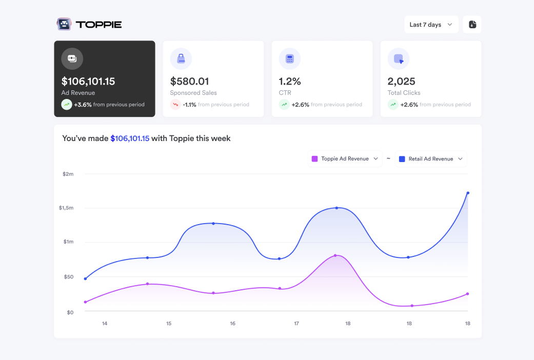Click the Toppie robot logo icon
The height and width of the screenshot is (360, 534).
(x=64, y=24)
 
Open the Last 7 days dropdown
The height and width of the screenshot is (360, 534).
(x=431, y=25)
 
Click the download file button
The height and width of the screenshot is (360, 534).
(x=472, y=25)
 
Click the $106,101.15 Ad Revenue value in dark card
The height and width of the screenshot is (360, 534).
(x=88, y=81)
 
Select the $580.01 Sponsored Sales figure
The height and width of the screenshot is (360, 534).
(x=189, y=81)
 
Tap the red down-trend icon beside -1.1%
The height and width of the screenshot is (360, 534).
(x=175, y=105)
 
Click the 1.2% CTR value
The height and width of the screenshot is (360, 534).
(x=290, y=81)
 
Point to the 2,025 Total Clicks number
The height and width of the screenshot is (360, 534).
(x=401, y=81)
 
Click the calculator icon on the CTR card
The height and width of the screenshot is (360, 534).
(x=290, y=59)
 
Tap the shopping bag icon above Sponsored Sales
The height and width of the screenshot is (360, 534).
(x=181, y=59)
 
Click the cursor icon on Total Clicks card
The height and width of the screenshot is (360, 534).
(x=399, y=59)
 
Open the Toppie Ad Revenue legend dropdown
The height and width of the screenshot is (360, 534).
(x=345, y=159)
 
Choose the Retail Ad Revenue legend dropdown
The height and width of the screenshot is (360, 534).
(x=431, y=159)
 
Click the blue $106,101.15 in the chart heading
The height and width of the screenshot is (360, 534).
(x=130, y=138)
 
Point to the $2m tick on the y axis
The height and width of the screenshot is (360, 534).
(x=68, y=174)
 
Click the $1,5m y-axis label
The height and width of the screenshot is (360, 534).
(x=67, y=208)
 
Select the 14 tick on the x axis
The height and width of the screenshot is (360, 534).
(x=105, y=324)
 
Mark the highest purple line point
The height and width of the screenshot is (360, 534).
(x=335, y=255)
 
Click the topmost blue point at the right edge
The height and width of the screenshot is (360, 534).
(x=468, y=193)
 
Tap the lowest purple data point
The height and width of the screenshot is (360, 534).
(x=412, y=306)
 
